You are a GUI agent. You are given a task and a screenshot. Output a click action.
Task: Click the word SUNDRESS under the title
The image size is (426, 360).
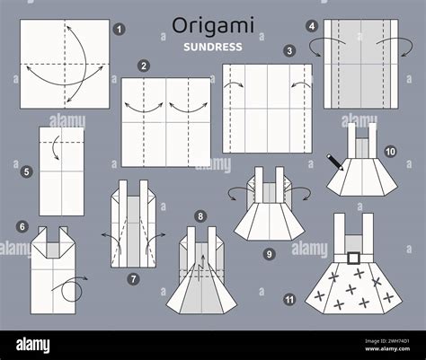pyautogui.click(x=211, y=46)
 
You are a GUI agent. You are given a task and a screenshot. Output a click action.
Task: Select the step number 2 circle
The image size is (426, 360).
pyautogui.click(x=144, y=66)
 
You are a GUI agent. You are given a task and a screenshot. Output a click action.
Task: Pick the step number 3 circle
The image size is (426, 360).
pyautogui.click(x=289, y=51)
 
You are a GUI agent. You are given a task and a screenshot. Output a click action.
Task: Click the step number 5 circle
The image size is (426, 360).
pyautogui.click(x=27, y=171)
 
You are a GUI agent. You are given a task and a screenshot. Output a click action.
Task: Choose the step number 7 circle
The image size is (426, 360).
pyautogui.click(x=133, y=279)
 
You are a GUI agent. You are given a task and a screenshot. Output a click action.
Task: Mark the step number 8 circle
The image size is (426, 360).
pyautogui.click(x=200, y=215)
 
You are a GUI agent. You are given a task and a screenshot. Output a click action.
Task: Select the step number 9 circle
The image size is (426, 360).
pyautogui.click(x=269, y=254)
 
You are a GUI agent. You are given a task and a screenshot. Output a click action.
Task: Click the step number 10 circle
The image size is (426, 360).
pyautogui.click(x=390, y=152)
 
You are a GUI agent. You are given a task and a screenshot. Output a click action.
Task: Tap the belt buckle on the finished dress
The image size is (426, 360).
pyautogui.click(x=354, y=257)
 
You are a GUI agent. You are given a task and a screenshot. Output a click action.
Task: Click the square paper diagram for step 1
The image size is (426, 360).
pyautogui.click(x=64, y=65)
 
